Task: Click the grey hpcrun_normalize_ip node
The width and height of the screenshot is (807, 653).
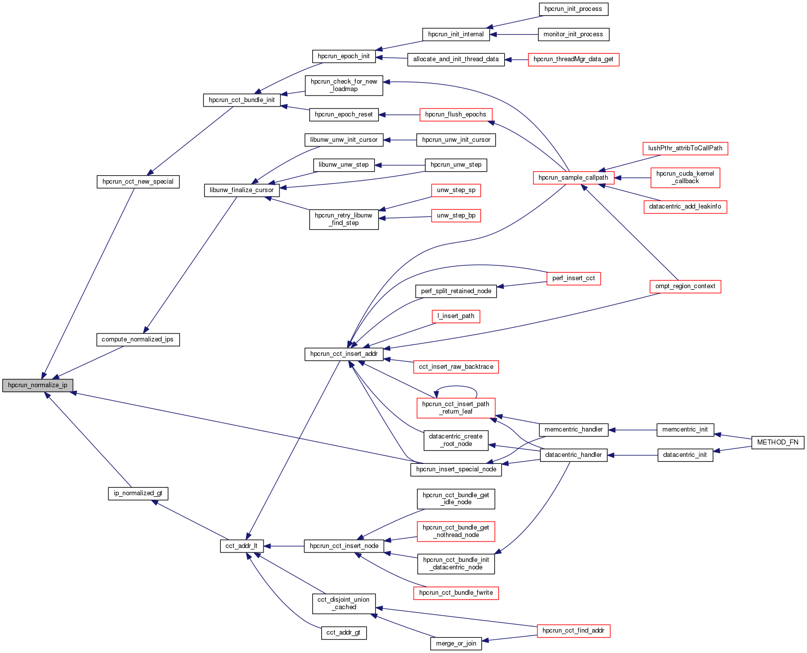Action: pos(38,385)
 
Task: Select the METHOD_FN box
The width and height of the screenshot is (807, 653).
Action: pos(777,442)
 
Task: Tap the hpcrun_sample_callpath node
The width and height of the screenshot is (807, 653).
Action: pos(573,178)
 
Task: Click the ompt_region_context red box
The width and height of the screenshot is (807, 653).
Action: pos(685,286)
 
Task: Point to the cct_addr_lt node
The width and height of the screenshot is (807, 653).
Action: pos(242,546)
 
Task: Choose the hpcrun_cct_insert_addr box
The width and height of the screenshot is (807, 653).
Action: pos(344,354)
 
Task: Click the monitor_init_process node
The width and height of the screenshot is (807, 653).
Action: pos(573,34)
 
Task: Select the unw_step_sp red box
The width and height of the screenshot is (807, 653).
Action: pos(456,190)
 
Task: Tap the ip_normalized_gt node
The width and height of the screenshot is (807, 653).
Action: pos(138,493)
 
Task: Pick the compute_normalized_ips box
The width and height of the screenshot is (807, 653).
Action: pos(137,339)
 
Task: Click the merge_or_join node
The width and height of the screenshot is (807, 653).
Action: pos(456,644)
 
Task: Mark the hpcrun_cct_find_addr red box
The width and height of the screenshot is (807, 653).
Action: pos(573,631)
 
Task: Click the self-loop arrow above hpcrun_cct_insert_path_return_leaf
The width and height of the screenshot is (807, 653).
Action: pos(456,387)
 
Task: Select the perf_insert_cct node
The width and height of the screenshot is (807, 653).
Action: pos(573,278)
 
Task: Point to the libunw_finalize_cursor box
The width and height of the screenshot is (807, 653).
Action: pos(242,190)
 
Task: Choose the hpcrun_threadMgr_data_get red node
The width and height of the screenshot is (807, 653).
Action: pos(573,59)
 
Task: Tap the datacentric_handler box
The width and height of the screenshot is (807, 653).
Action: pos(573,455)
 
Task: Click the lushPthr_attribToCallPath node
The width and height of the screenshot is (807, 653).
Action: pos(685,148)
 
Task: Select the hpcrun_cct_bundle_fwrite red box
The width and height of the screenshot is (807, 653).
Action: pos(455,593)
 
